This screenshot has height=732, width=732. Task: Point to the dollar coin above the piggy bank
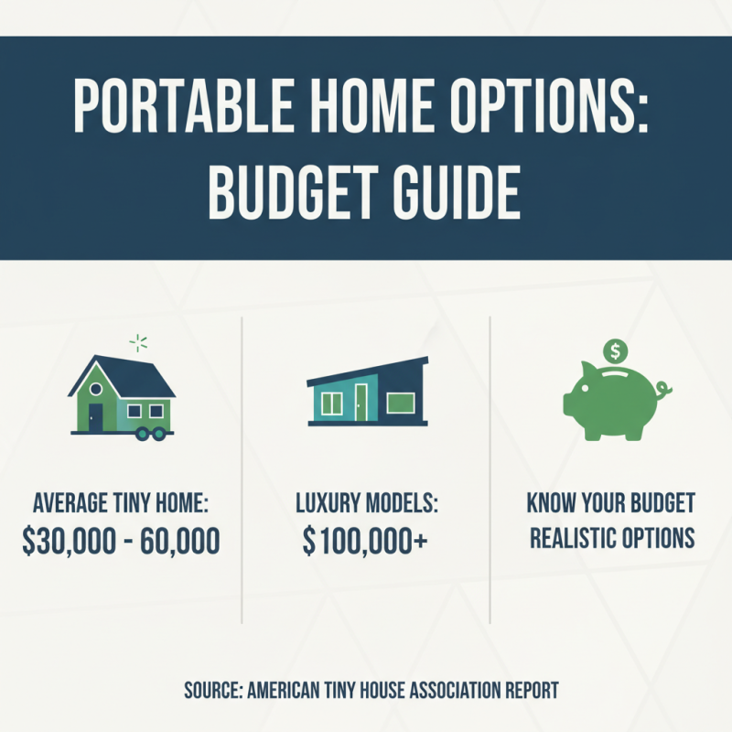pyautogui.click(x=615, y=350)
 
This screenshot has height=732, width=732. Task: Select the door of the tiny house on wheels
pyautogui.click(x=95, y=417)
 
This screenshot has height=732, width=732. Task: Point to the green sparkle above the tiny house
pyautogui.click(x=138, y=344)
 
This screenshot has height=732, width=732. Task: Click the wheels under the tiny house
pyautogui.click(x=149, y=436)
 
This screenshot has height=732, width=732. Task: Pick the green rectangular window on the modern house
pyautogui.click(x=404, y=403)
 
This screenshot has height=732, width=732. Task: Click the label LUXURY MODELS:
pyautogui.click(x=365, y=504)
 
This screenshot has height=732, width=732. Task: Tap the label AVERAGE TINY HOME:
pyautogui.click(x=121, y=504)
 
